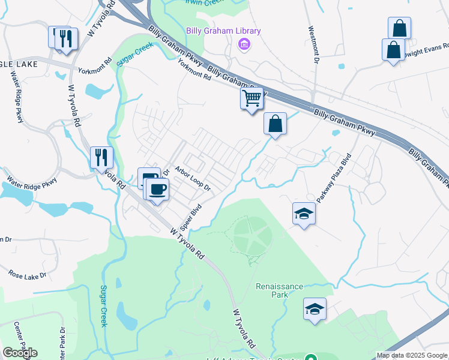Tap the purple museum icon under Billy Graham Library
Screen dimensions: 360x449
tap(244, 44)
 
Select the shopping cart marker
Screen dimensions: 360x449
tap(252, 98)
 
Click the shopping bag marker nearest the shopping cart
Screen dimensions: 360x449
tap(274, 124)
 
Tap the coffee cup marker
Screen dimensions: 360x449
tap(157, 189)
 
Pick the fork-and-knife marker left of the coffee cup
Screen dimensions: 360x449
tap(101, 158)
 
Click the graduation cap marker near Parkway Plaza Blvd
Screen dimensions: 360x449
tap(304, 214)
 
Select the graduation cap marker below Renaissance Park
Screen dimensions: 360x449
tap(315, 309)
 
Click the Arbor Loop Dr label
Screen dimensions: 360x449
tap(193, 178)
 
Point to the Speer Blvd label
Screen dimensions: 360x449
tap(195, 219)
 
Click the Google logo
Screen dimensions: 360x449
tap(20, 352)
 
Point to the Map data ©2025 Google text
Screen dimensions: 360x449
tap(412, 355)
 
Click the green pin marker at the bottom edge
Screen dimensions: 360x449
tap(310, 358)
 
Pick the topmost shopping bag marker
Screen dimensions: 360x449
tap(399, 28)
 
